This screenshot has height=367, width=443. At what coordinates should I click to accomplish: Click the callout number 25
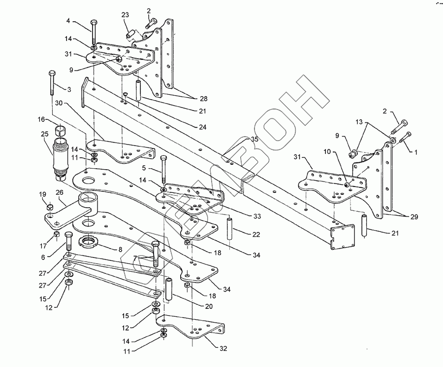(x=45, y=134)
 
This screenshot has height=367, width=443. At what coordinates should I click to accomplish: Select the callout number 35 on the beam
(x=254, y=140)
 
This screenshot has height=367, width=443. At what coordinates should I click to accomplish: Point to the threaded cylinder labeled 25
(x=60, y=157)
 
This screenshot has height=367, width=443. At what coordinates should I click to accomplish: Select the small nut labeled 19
(x=50, y=207)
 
